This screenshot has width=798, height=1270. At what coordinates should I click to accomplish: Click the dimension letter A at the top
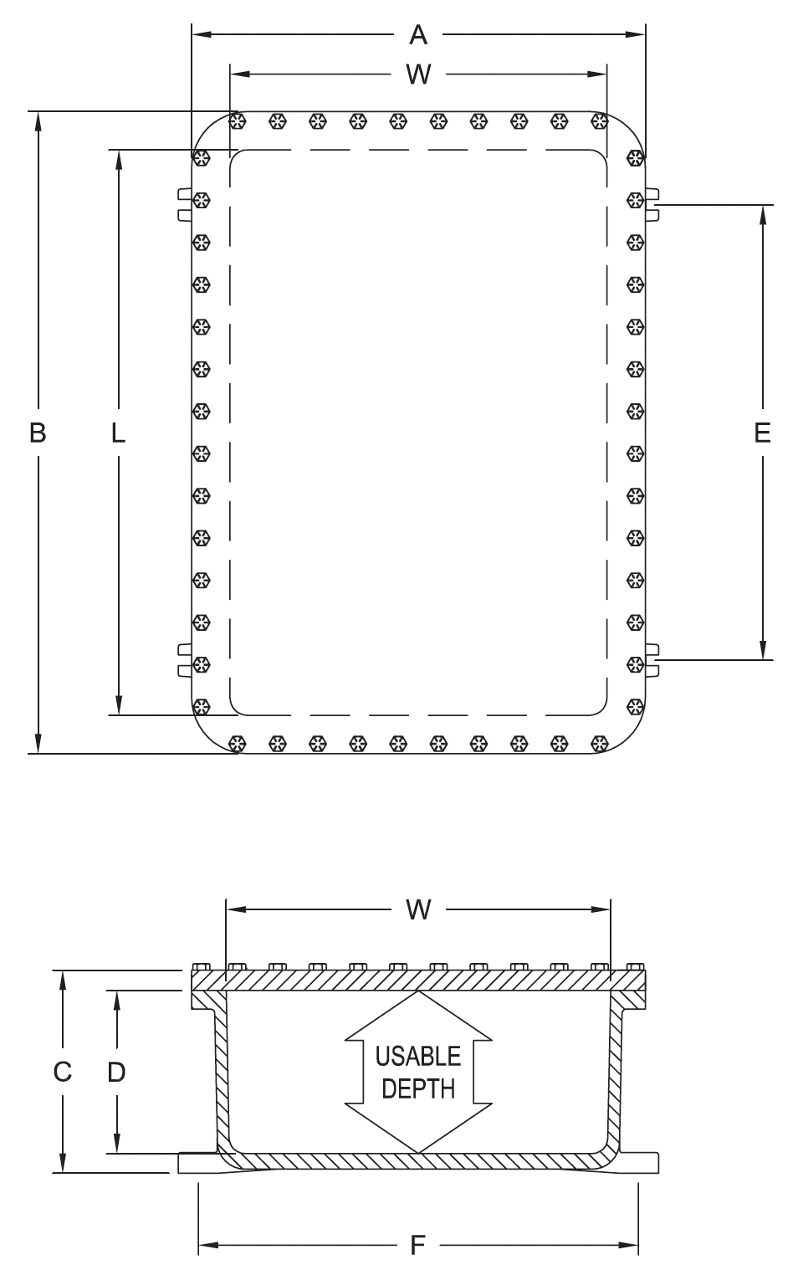417,35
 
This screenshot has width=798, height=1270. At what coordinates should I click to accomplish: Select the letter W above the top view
417,75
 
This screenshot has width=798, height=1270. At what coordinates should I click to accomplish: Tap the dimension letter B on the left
38,433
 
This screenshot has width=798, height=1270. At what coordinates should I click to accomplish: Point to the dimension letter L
118,433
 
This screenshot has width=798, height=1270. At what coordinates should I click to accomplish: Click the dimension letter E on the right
761,433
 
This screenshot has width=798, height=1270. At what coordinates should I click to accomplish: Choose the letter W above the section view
417,909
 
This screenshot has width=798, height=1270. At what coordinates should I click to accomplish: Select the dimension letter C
63,1072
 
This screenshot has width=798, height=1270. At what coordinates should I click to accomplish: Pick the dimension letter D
116,1072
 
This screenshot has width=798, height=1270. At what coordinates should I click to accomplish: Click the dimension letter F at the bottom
417,1246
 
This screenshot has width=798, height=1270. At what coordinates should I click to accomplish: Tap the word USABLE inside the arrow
417,1057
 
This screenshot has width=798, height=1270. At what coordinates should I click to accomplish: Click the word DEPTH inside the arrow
417,1088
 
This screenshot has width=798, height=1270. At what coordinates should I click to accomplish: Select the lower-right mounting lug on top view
652,659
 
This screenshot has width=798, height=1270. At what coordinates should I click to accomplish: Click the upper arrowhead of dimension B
38,120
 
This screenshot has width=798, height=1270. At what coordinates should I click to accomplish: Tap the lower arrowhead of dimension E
762,650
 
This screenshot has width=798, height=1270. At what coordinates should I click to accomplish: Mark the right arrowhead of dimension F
629,1246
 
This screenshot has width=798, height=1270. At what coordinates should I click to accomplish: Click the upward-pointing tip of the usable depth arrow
418,995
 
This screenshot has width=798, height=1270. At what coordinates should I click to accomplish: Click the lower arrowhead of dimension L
119,705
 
